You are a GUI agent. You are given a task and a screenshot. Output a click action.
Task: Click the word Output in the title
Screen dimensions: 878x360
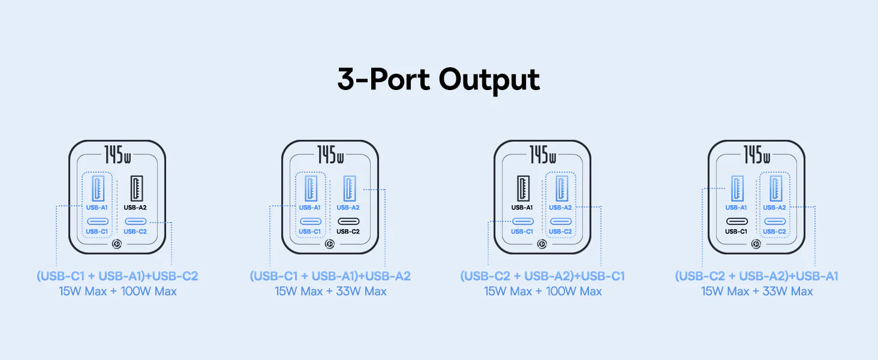(x=489, y=80)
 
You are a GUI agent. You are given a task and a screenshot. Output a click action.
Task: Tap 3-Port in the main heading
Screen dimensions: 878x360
(x=384, y=79)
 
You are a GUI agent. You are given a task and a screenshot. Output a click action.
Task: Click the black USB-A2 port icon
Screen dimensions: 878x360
(x=136, y=188)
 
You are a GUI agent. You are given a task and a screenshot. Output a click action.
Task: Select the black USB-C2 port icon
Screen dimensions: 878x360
(x=348, y=221)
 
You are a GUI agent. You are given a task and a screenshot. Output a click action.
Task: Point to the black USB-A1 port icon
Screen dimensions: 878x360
(x=524, y=188)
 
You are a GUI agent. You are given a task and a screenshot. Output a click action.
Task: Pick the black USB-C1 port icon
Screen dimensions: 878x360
(x=737, y=221)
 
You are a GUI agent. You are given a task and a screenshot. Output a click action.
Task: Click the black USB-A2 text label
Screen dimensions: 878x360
(x=135, y=208)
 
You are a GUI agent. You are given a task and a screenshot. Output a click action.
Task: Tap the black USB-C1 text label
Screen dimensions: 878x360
(x=736, y=232)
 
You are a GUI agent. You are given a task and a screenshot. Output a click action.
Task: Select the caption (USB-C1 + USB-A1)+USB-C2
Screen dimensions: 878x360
(x=118, y=276)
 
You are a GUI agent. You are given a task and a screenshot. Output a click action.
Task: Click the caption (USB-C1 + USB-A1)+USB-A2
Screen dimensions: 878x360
(x=330, y=276)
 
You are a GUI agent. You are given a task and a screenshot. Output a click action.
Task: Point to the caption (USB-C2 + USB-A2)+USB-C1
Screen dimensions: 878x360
(x=543, y=276)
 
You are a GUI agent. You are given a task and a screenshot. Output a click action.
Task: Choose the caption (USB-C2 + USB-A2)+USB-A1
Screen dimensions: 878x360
(x=756, y=276)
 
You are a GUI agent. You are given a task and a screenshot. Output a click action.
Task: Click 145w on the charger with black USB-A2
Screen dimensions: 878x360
(x=118, y=155)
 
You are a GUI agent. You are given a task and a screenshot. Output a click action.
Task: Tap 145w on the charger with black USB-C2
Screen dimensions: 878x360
(x=330, y=155)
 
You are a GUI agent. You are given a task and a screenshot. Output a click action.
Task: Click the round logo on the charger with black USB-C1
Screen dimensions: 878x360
(x=756, y=244)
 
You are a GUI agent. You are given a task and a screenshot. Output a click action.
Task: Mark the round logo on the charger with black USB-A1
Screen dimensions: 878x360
(x=542, y=244)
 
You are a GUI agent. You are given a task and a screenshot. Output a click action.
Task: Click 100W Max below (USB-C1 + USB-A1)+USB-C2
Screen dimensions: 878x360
(x=149, y=292)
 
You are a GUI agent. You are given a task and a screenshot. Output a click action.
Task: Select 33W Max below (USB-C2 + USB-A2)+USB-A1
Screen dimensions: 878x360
(x=787, y=292)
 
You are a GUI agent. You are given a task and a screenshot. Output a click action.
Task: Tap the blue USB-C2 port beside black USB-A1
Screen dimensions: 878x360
(x=561, y=221)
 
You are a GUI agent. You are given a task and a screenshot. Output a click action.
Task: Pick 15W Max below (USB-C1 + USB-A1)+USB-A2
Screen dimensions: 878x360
(x=299, y=292)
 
